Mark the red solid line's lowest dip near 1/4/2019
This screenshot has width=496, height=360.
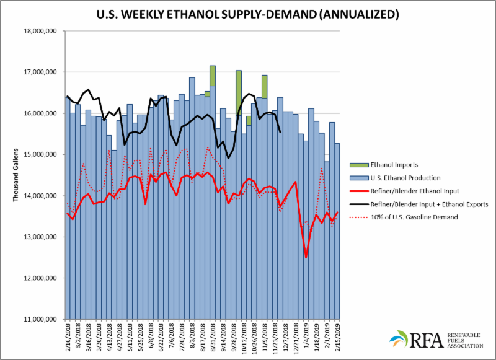(306, 257)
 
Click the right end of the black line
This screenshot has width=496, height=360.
(281, 132)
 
